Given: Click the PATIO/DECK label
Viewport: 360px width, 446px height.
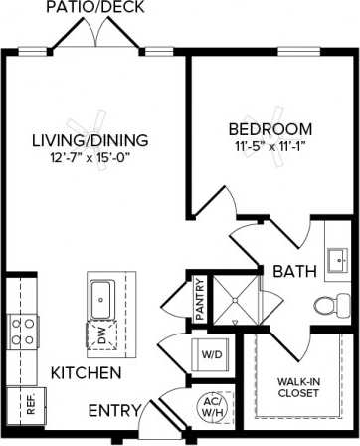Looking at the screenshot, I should click(x=97, y=8).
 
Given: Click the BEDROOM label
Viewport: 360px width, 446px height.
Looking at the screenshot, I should click(x=269, y=129).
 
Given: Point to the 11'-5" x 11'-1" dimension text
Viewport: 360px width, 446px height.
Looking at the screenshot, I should click(x=269, y=147).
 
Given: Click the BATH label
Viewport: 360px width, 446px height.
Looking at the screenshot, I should click(x=295, y=271).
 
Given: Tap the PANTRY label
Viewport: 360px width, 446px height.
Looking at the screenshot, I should click(x=200, y=298).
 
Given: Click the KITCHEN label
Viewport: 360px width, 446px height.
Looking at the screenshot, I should click(x=87, y=373).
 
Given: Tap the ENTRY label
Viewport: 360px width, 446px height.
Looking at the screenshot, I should click(x=113, y=411).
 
